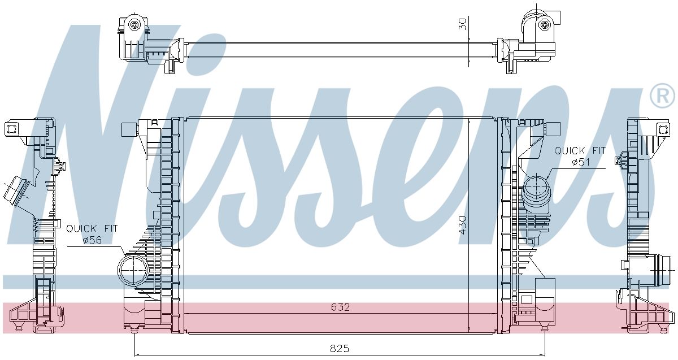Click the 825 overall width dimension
pos(340,349)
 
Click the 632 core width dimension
pos(340,307)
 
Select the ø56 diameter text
pos(92,240)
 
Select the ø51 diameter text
pos(581,162)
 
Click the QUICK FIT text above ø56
pos(92,228)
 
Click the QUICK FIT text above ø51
pos(580,150)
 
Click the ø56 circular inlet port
pos(133,270)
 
